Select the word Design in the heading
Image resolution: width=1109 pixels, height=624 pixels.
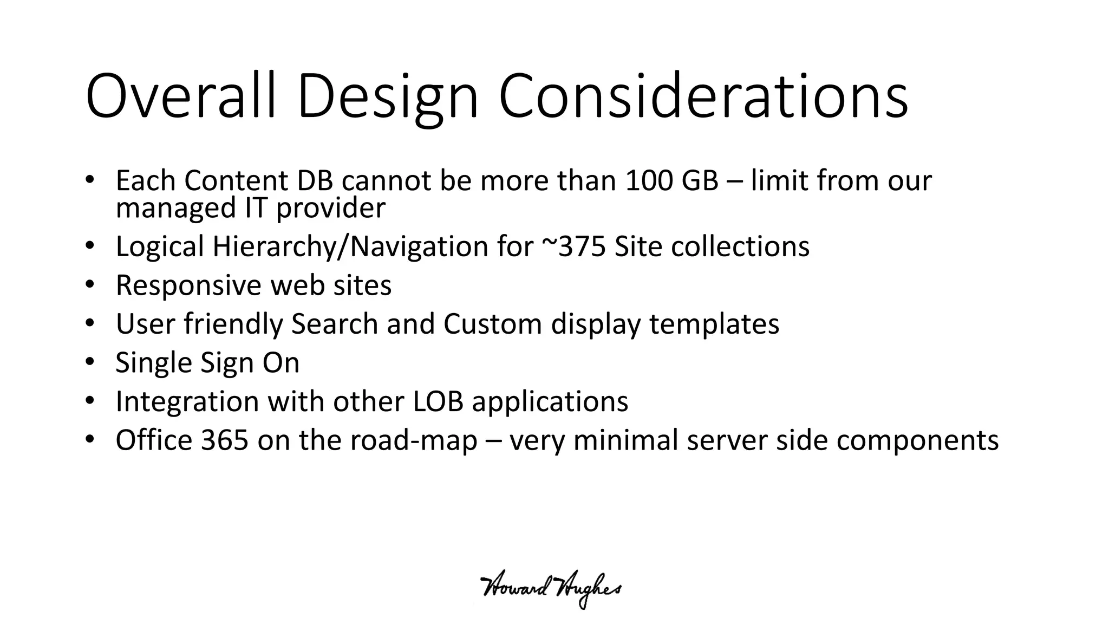(388, 97)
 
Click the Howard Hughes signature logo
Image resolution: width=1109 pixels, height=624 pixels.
(551, 590)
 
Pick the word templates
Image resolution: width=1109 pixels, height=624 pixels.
(714, 324)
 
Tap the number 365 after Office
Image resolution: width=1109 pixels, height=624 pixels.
(225, 440)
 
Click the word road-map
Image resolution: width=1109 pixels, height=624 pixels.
(414, 440)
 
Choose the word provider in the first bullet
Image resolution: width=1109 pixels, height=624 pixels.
(331, 209)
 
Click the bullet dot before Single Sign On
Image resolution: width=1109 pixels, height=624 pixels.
(90, 362)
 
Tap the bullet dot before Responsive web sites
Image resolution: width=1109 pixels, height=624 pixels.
(90, 284)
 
